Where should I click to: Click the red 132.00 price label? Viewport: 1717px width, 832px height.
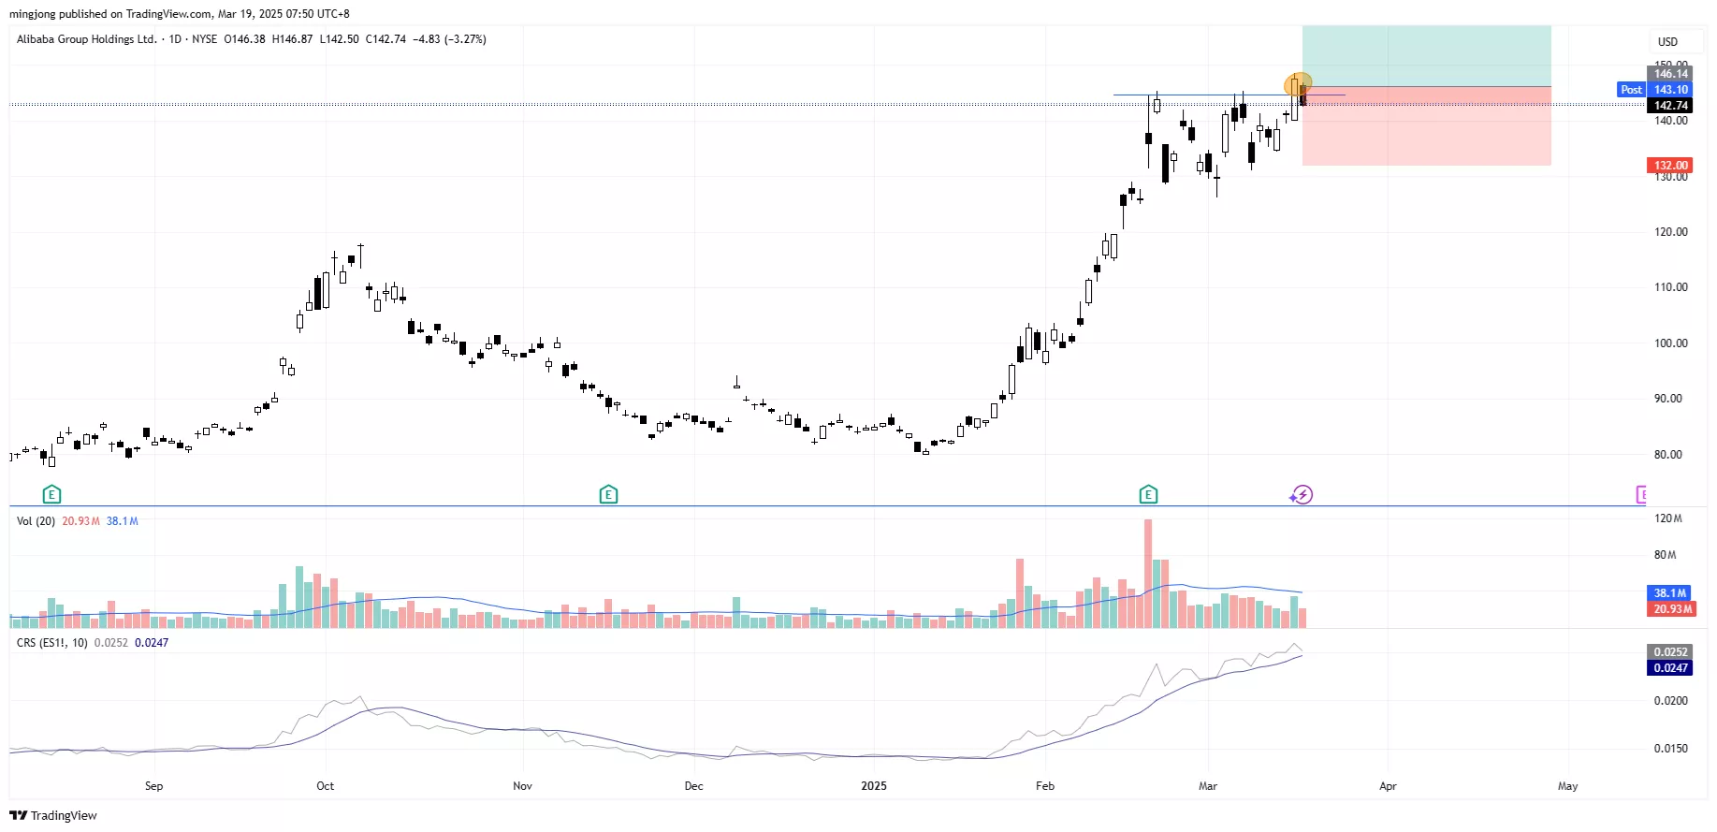pyautogui.click(x=1670, y=166)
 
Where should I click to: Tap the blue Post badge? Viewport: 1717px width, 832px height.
pyautogui.click(x=1631, y=90)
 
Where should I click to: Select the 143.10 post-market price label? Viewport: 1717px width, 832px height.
pyautogui.click(x=1670, y=90)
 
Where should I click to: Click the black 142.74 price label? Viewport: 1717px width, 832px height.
pyautogui.click(x=1670, y=106)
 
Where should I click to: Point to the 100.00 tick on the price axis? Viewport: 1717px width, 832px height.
pyautogui.click(x=1670, y=343)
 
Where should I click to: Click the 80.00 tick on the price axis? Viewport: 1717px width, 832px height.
pyautogui.click(x=1668, y=455)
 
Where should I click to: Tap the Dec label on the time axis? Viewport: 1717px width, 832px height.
pyautogui.click(x=693, y=786)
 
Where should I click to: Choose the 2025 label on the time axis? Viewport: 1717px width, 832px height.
pyautogui.click(x=873, y=786)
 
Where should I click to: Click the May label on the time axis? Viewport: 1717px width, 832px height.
pyautogui.click(x=1567, y=786)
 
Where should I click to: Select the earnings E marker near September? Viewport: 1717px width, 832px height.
pyautogui.click(x=51, y=494)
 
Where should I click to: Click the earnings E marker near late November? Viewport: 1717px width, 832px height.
pyautogui.click(x=608, y=494)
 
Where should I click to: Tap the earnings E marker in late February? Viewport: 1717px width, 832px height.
pyautogui.click(x=1148, y=494)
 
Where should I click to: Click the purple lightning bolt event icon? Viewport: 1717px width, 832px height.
pyautogui.click(x=1302, y=494)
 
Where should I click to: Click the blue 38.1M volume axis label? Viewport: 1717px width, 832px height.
pyautogui.click(x=1670, y=593)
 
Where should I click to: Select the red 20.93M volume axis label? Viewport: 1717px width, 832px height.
pyautogui.click(x=1670, y=609)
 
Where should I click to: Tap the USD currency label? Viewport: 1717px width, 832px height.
pyautogui.click(x=1667, y=42)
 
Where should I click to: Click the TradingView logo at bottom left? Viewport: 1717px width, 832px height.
pyautogui.click(x=53, y=816)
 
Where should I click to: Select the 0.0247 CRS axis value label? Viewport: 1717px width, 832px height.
pyautogui.click(x=1670, y=668)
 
